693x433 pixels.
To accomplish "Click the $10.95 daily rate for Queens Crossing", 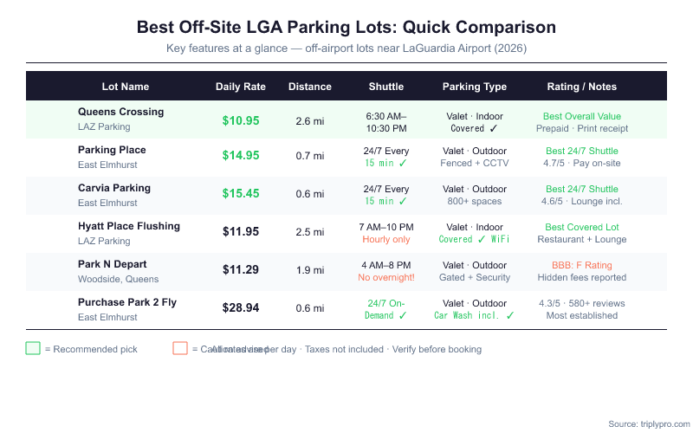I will point(241,120).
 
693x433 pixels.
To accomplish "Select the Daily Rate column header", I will point(241,87).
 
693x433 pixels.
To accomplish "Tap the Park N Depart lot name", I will point(112,264).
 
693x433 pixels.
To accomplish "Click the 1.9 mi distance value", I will point(310,270).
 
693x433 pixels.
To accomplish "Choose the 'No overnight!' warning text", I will point(386,278).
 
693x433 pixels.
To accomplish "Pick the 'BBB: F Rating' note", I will point(582,264).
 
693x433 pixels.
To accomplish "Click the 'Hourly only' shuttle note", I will point(386,240).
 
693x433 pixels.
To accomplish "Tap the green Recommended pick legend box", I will point(33,348).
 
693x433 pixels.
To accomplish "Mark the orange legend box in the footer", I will point(180,348).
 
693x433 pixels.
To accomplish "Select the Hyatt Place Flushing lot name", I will point(128,226).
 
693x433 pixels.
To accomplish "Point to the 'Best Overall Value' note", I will point(582,116).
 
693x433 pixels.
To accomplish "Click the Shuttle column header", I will point(386,87).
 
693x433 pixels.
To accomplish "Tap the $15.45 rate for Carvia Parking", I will point(241,193).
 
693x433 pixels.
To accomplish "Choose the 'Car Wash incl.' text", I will point(469,316).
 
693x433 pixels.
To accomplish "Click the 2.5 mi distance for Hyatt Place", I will point(310,232).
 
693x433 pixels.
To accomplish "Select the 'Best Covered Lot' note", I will point(582,227).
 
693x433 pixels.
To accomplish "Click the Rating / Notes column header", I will point(582,87).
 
